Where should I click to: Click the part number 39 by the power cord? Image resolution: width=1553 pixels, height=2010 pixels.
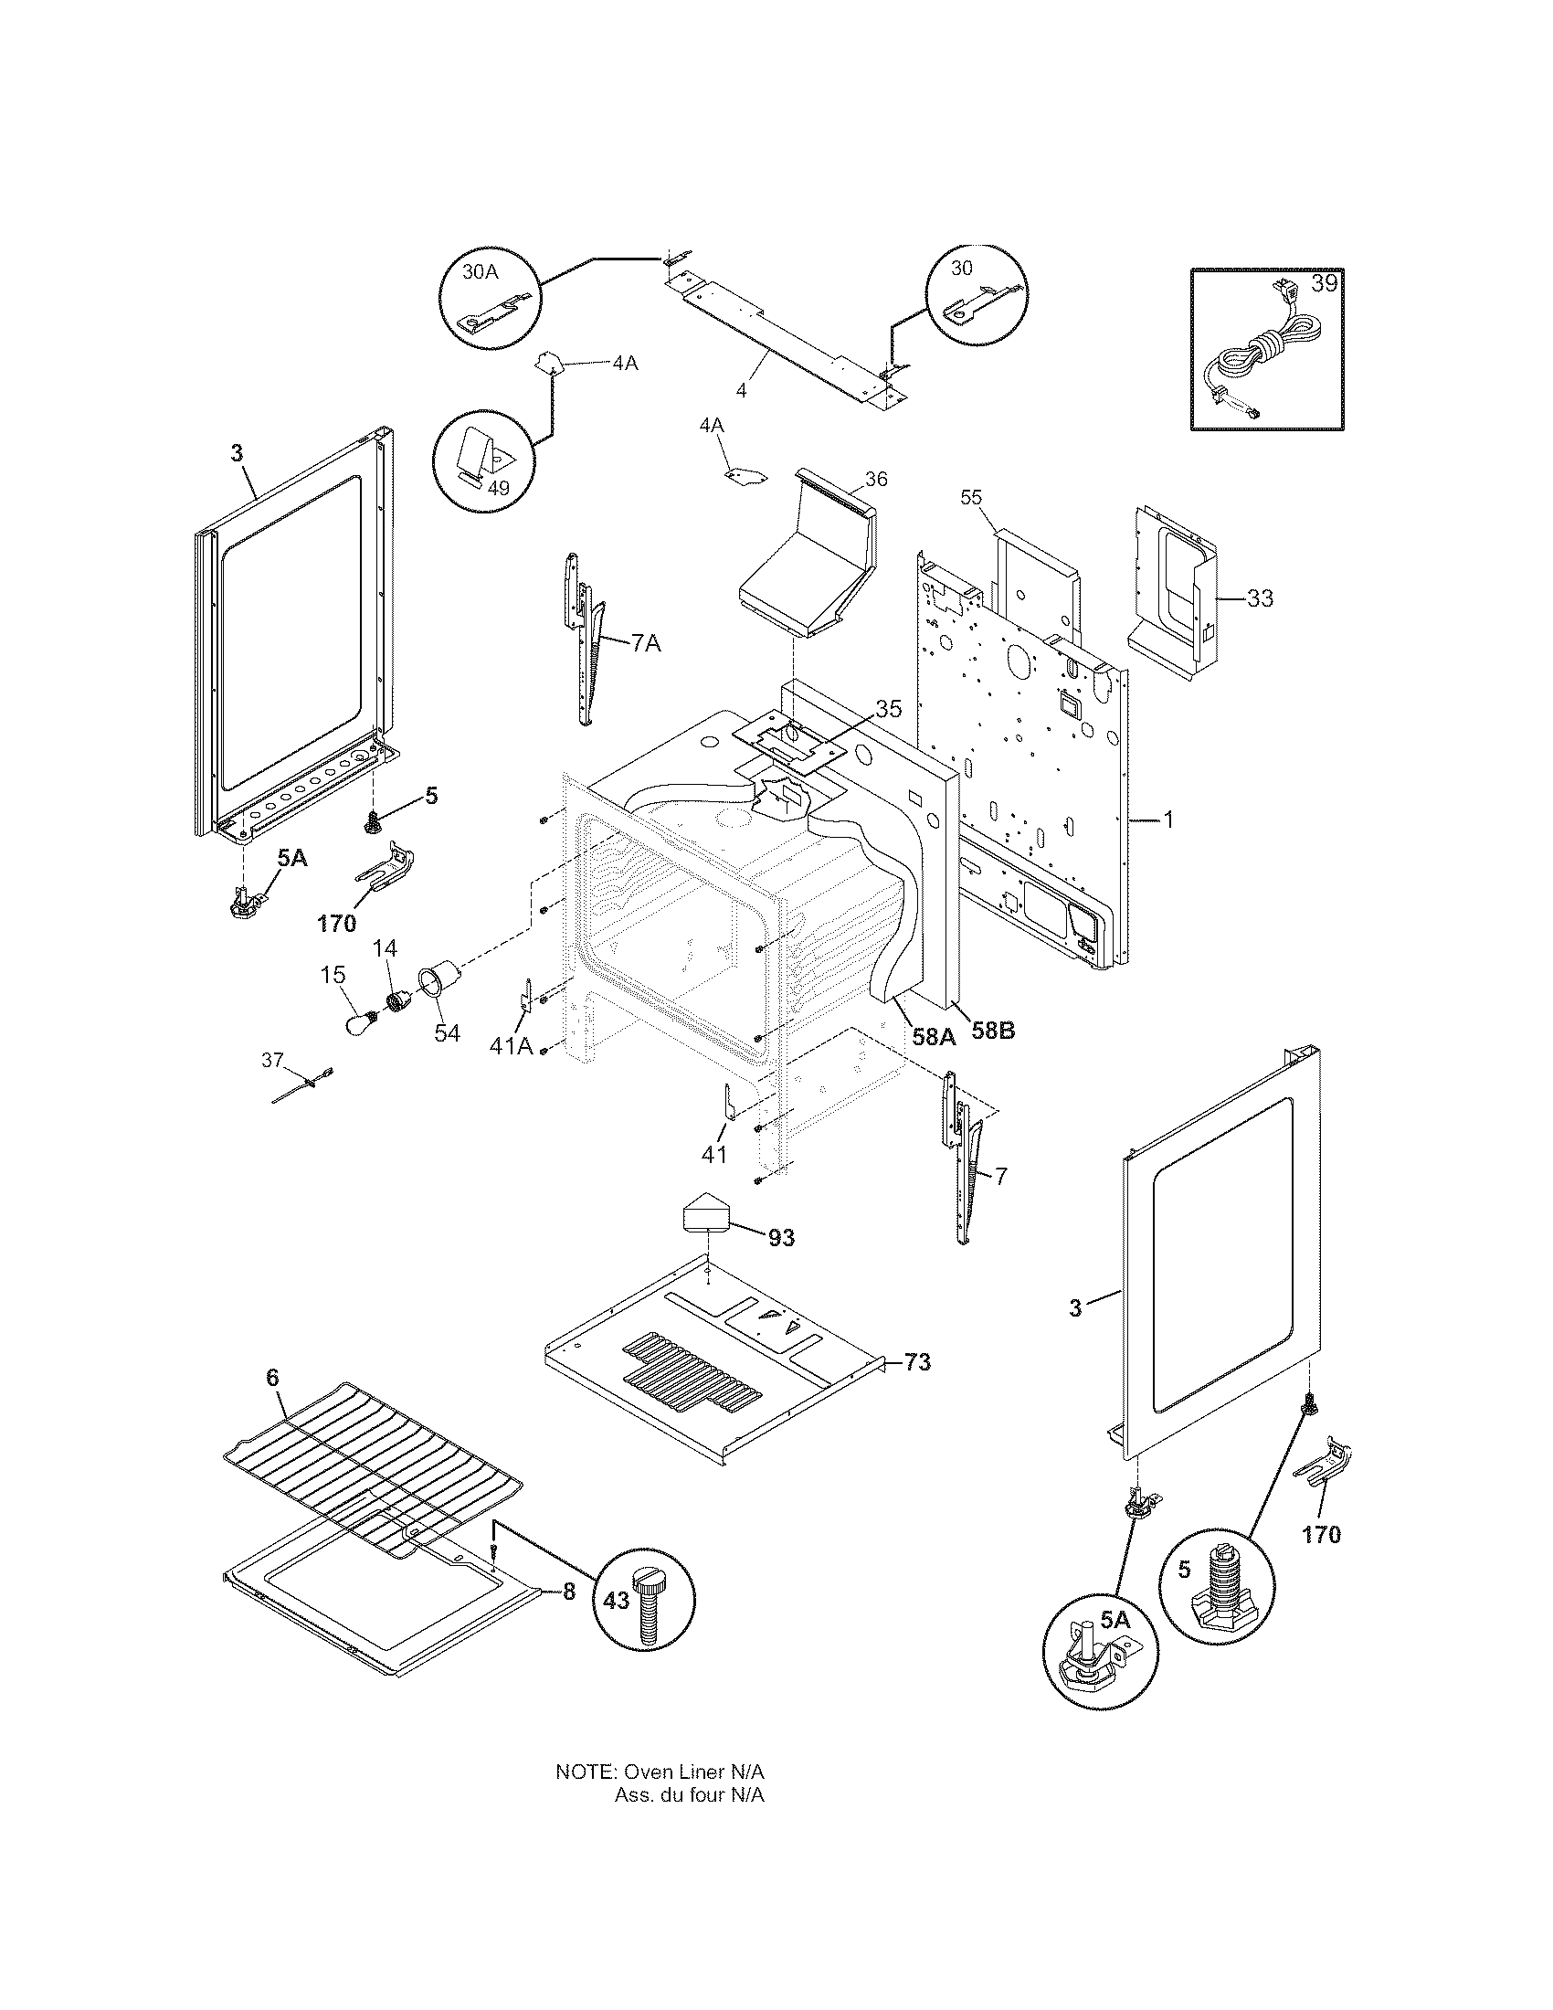tap(1324, 283)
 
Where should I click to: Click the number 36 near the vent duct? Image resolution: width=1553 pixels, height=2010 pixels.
tap(876, 479)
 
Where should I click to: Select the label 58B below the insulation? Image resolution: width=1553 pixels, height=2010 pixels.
tap(993, 1031)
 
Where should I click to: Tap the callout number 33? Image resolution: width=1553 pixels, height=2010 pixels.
tap(1260, 598)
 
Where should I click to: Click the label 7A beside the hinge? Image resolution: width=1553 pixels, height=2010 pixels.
tap(645, 643)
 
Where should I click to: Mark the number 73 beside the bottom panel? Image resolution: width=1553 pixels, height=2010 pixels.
tap(916, 1388)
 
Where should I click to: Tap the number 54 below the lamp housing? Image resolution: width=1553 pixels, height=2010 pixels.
tap(448, 1032)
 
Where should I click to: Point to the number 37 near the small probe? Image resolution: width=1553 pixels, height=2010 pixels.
tap(272, 1060)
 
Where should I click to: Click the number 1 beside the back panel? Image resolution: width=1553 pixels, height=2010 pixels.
tap(1168, 820)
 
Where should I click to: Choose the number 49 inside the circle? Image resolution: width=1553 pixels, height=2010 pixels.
tap(498, 488)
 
